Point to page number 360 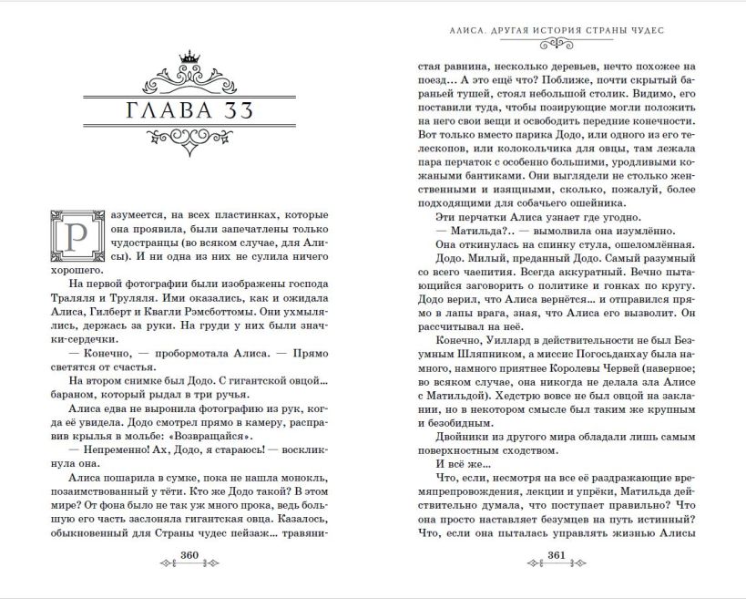pos(190,557)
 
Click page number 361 pos(557,557)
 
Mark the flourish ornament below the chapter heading pos(190,142)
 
